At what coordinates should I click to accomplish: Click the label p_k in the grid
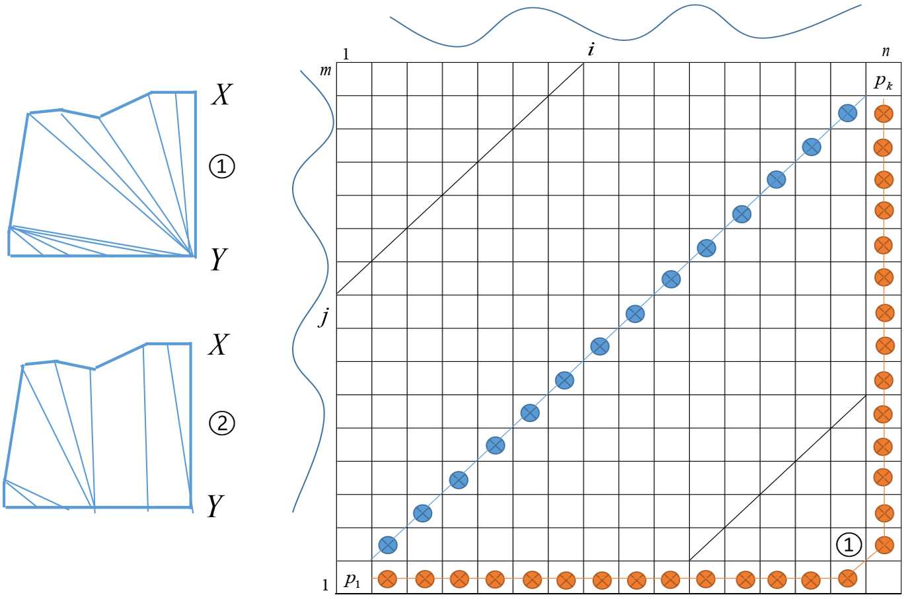883,82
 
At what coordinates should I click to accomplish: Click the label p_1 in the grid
352,581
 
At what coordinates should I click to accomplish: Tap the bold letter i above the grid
590,50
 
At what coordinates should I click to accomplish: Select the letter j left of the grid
323,318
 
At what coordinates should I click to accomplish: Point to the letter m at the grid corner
325,70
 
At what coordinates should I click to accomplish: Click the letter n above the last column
886,52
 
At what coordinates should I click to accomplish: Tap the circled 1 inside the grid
849,544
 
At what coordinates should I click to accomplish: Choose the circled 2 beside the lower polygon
222,423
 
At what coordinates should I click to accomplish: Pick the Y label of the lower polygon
214,507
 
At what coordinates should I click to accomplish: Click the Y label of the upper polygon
219,260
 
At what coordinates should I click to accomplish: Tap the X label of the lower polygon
218,345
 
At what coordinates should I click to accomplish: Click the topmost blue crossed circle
847,114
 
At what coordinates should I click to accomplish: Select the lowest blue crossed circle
388,545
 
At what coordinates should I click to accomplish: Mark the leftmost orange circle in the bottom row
387,580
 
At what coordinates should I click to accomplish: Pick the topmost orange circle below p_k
883,114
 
